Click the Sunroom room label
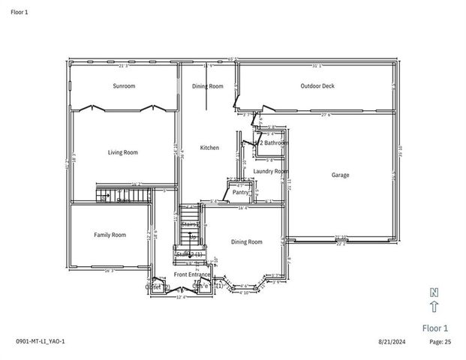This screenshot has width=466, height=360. point(124,86)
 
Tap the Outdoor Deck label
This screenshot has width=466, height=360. point(317,86)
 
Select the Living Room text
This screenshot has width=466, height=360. point(122,153)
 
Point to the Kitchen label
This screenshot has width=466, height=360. point(209,148)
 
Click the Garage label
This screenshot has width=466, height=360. point(340,175)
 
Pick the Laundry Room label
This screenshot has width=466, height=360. point(270,172)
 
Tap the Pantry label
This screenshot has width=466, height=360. point(240,193)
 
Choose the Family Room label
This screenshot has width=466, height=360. point(110,235)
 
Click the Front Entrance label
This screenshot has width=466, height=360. point(192,275)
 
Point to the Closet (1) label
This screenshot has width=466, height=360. point(203,286)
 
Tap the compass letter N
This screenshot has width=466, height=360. point(434,292)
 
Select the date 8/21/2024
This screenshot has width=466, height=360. point(391,342)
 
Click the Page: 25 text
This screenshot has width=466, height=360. point(440,342)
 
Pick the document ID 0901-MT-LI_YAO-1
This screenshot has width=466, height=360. point(41,342)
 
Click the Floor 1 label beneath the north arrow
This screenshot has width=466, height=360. point(434,328)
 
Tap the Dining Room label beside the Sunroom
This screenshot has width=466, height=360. point(208,86)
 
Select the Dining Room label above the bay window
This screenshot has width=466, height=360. point(246,242)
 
